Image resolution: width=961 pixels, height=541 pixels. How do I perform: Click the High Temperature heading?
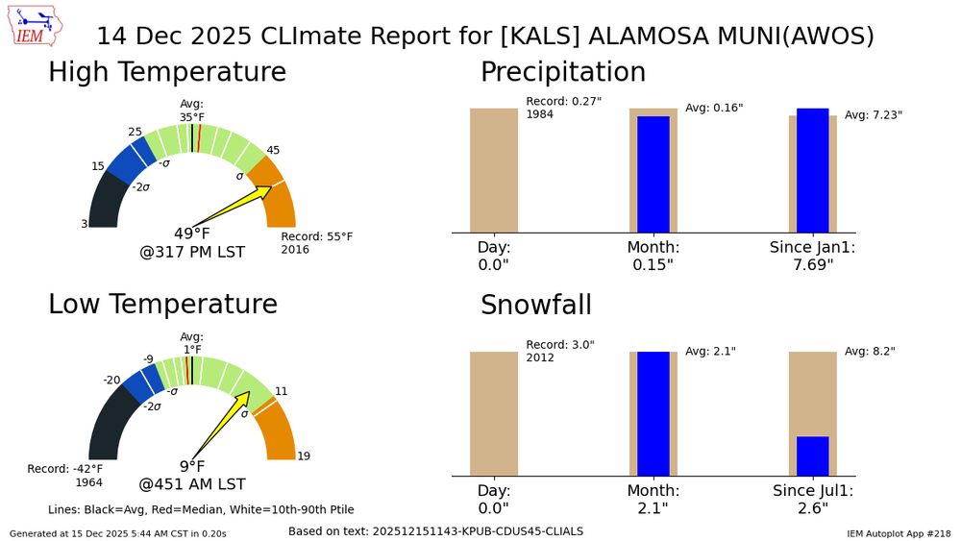[167, 72]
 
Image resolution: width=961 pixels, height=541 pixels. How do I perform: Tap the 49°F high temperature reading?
[191, 234]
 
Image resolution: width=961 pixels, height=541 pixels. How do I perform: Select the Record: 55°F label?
[316, 236]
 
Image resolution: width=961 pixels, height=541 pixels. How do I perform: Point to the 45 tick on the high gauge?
[273, 150]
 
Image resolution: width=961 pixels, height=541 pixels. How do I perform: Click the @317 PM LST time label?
[192, 253]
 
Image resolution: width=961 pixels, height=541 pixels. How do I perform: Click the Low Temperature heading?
[162, 304]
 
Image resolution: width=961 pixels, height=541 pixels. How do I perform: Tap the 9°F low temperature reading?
[191, 466]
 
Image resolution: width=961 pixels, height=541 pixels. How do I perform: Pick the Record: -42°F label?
[64, 469]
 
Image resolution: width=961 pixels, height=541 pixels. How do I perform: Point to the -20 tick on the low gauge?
[112, 380]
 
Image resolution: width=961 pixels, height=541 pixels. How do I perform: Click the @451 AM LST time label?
[192, 484]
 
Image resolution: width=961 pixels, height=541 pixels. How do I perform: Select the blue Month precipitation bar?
[653, 174]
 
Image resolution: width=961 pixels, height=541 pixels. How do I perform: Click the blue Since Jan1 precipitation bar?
[812, 170]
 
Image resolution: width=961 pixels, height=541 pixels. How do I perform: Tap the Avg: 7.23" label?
[873, 115]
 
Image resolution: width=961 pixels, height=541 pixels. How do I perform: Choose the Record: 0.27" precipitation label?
[563, 102]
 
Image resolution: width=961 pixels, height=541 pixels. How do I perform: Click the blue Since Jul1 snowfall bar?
[812, 455]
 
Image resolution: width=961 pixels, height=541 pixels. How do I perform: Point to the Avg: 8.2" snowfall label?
[869, 352]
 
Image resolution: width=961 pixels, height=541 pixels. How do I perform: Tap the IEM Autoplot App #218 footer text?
[898, 532]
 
